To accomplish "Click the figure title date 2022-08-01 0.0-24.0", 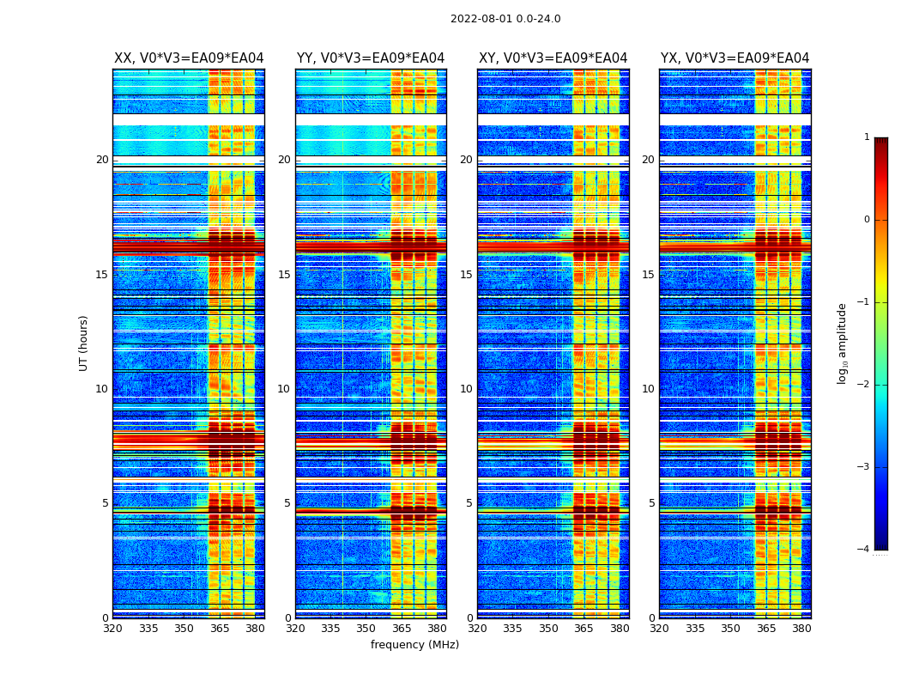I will [x=505, y=19].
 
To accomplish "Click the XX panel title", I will [x=189, y=58].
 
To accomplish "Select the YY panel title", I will [x=371, y=58].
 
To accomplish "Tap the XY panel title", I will [x=553, y=58].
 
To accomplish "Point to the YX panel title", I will [x=735, y=58].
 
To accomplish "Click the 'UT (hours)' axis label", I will [x=84, y=343].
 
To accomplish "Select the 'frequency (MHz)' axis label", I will [x=414, y=645].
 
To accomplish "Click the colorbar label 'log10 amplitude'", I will [x=843, y=343].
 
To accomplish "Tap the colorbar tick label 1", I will [x=866, y=137].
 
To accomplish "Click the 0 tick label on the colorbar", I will [x=866, y=220].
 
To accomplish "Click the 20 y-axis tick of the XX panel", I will [x=102, y=160].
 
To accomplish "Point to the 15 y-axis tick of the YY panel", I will [x=284, y=275].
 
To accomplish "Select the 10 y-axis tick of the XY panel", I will [x=466, y=389].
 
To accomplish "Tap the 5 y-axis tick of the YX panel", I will [x=651, y=503].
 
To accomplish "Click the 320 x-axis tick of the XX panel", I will [x=112, y=629].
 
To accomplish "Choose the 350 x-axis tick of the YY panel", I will [x=366, y=629].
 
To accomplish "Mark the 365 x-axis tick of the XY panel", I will [x=584, y=629].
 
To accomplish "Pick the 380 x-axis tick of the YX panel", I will [x=801, y=629].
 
